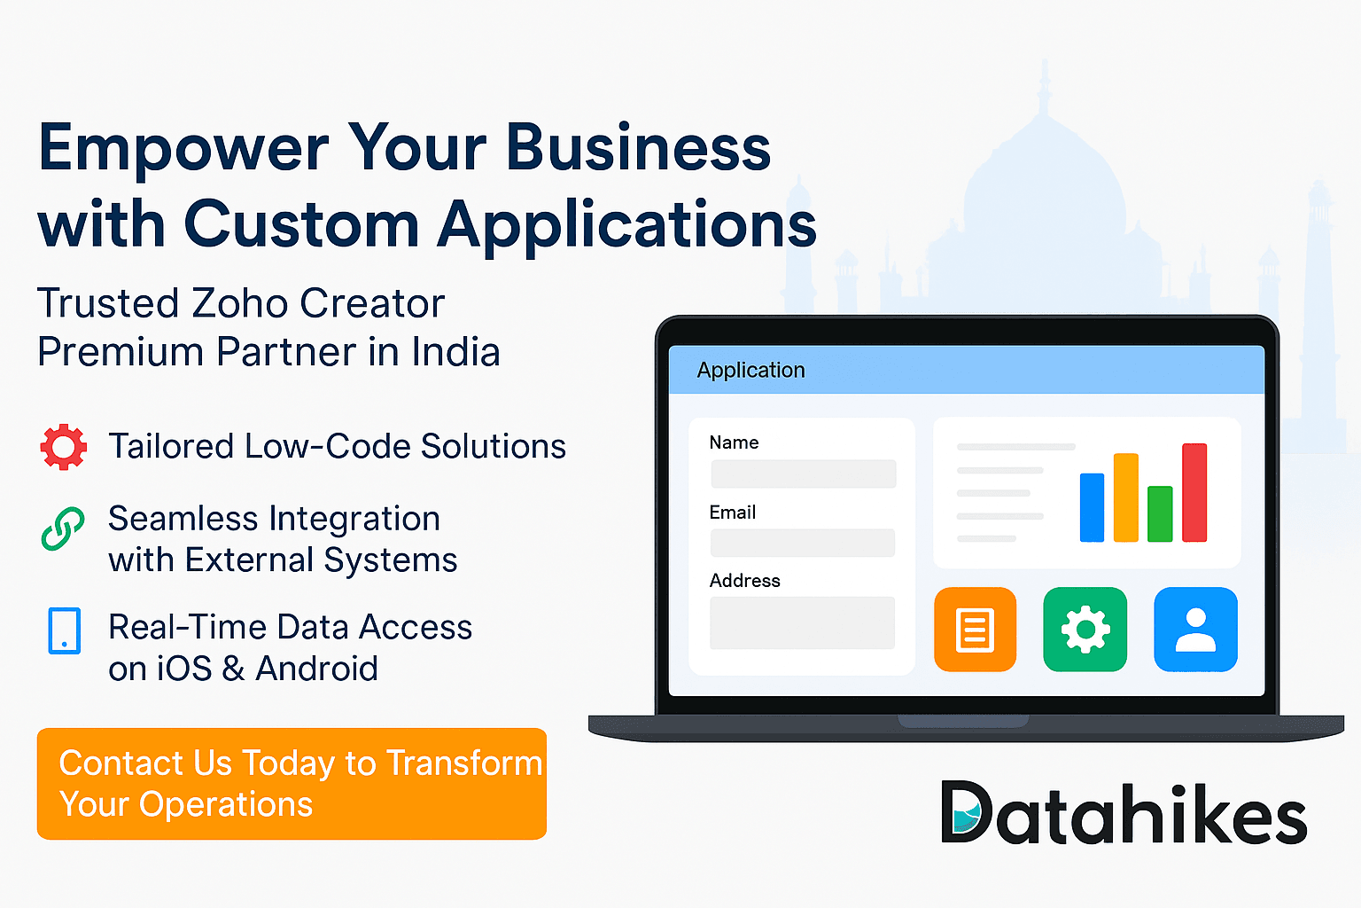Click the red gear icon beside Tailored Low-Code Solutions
64,447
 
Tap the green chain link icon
64,529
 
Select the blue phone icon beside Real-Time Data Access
65,630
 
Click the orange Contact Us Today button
292,784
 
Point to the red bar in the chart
1194,493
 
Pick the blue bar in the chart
1092,507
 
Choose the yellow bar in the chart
1125,497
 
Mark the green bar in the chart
1160,514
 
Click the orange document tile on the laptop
975,630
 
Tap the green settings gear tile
1085,630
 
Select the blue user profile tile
1195,630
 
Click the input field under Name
803,474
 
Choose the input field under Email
803,543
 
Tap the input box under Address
802,622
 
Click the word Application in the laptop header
750,370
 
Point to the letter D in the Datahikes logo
965,811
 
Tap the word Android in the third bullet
316,669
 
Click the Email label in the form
732,513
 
